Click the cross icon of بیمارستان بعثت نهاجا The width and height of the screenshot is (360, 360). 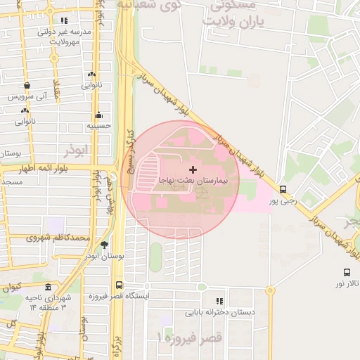(193, 169)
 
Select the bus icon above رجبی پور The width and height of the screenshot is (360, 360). (283, 189)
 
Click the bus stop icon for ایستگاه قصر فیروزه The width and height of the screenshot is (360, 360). (119, 285)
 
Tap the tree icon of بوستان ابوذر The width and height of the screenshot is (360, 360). (104, 245)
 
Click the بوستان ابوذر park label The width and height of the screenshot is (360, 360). (104, 257)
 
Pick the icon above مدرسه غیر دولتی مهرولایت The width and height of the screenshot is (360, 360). (65, 21)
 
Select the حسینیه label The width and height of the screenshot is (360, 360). (99, 127)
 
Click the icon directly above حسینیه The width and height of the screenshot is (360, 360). (99, 115)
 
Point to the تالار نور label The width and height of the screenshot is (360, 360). (347, 283)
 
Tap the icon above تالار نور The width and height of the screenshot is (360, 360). (347, 272)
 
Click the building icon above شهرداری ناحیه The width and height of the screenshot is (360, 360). (48, 288)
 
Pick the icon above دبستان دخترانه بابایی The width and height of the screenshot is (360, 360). (219, 300)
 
